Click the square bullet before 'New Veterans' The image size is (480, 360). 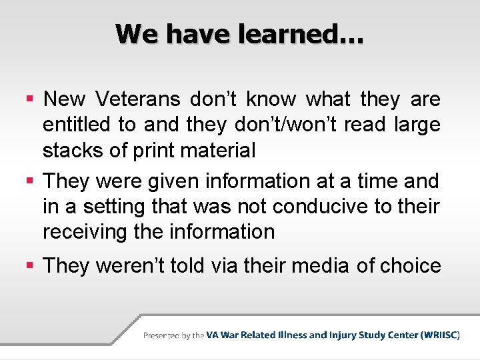(29, 100)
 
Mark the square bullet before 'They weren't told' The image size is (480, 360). (29, 266)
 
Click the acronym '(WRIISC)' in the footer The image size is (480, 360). (440, 335)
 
